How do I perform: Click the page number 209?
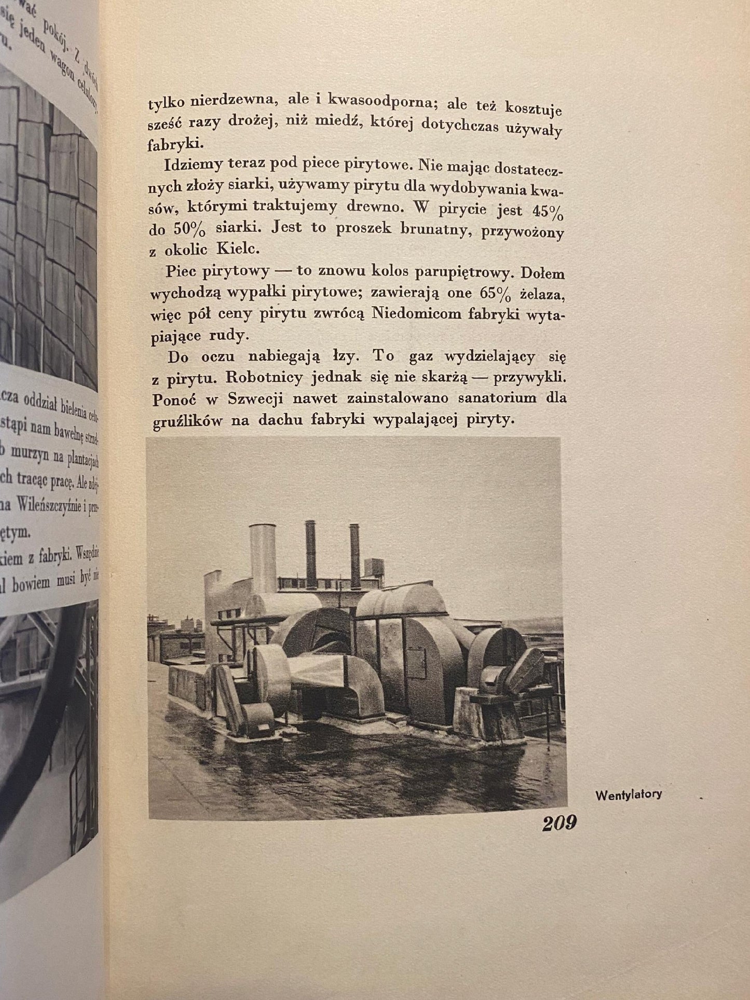click(x=559, y=823)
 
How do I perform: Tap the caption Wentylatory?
click(x=629, y=795)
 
